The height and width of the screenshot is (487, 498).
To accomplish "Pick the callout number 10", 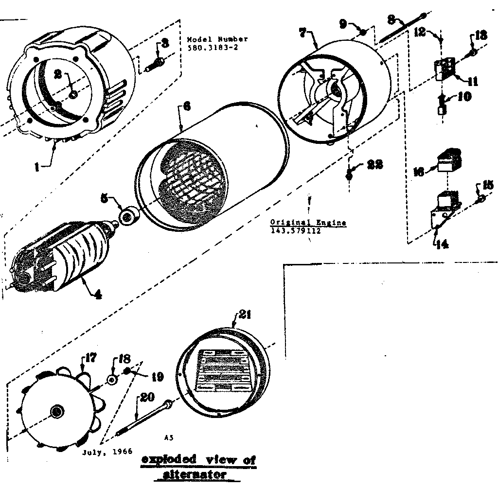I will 464,96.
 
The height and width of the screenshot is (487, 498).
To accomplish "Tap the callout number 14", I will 442,245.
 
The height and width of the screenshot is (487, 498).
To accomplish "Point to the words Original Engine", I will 308,223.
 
